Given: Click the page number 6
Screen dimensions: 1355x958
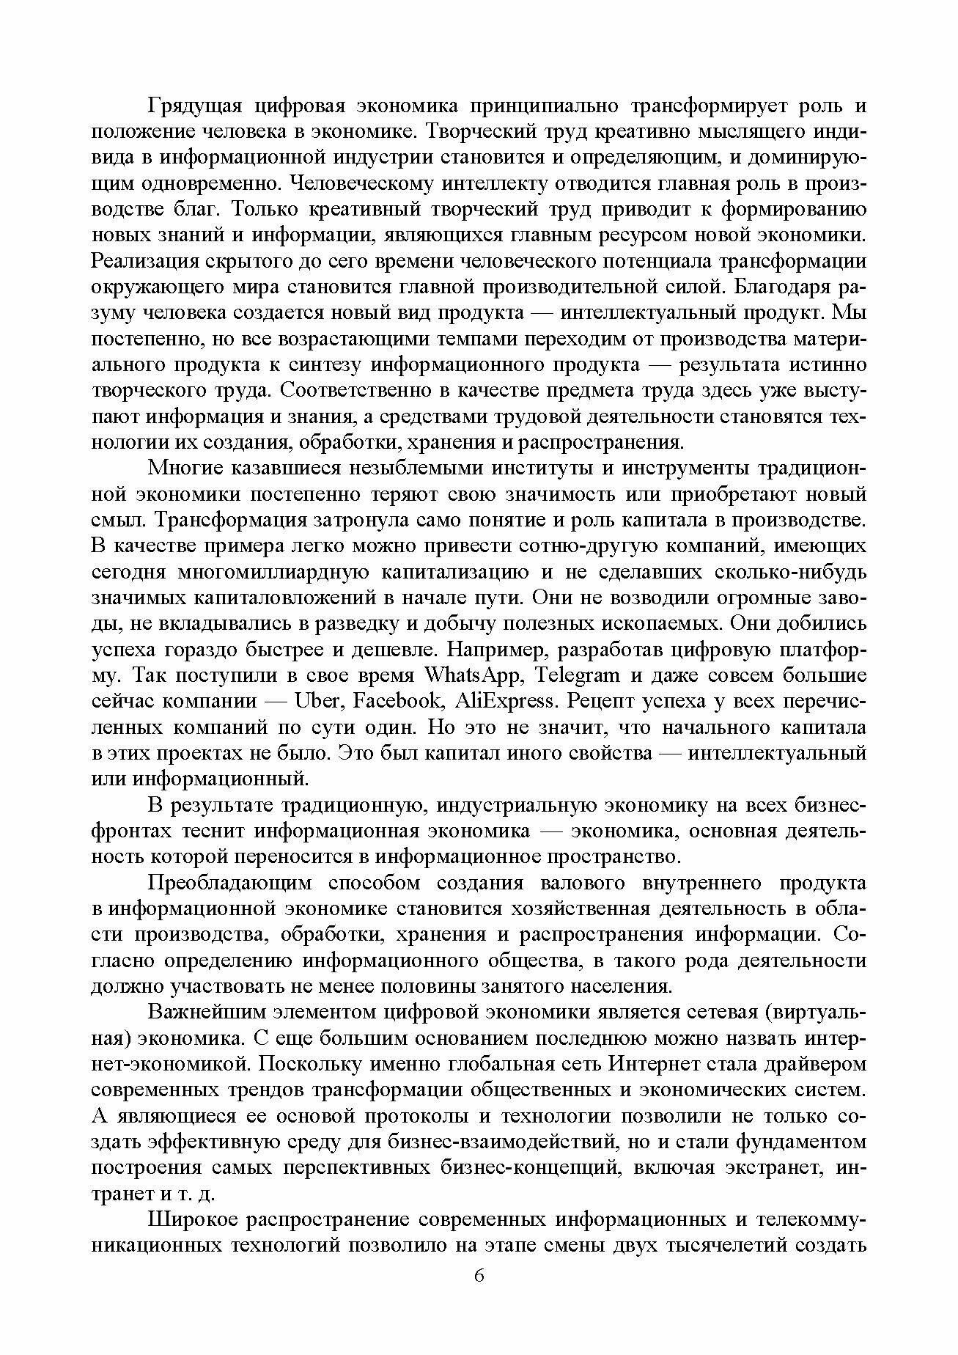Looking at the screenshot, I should pyautogui.click(x=479, y=1296).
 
